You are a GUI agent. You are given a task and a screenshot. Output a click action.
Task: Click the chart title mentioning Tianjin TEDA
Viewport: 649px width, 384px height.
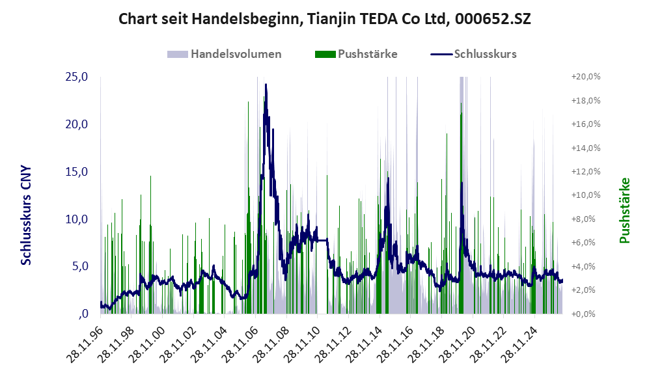(324, 19)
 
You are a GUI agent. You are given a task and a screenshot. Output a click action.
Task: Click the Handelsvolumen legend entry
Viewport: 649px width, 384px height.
(225, 54)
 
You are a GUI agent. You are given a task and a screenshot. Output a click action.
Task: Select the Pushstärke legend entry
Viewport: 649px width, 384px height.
(356, 54)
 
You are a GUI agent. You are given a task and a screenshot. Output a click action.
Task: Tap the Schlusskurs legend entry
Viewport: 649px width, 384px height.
(473, 54)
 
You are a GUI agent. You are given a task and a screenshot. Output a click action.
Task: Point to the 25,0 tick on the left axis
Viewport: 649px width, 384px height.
(77, 77)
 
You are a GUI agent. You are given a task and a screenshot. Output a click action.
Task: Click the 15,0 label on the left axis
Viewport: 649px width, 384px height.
(77, 171)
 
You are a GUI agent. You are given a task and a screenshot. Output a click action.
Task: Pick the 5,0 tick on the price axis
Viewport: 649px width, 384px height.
(80, 266)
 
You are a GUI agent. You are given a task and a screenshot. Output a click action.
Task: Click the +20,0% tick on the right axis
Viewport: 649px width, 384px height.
(586, 77)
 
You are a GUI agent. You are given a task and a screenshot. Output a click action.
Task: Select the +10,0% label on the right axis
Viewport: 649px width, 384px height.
(586, 195)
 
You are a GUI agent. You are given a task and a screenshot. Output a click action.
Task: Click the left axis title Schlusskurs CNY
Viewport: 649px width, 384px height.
(26, 215)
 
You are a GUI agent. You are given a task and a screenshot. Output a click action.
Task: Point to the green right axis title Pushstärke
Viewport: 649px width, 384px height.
(624, 210)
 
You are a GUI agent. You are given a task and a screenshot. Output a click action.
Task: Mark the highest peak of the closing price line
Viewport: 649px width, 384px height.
(266, 85)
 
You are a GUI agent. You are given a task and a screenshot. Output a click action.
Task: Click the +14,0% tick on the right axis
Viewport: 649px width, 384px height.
(586, 148)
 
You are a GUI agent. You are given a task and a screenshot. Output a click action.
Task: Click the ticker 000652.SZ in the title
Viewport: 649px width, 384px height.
(493, 19)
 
